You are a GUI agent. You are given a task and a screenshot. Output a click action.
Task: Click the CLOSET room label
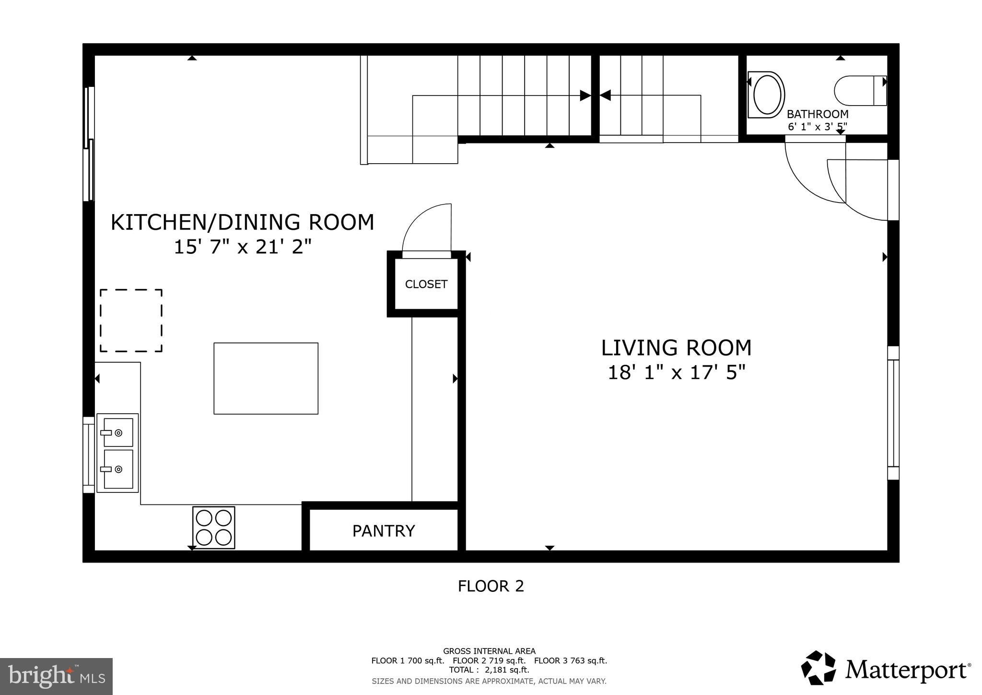(426, 284)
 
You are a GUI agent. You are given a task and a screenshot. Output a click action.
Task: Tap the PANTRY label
(384, 531)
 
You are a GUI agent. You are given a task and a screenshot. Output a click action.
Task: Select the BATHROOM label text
(818, 114)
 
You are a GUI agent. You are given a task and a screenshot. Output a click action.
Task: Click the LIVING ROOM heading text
(676, 348)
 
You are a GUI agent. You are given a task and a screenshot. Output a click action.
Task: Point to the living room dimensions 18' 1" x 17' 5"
(677, 372)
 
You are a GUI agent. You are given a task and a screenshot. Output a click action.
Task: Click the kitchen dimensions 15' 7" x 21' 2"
(243, 247)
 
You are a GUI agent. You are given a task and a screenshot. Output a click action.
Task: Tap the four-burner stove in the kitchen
(214, 527)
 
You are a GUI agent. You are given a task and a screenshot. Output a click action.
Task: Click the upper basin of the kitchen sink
(118, 432)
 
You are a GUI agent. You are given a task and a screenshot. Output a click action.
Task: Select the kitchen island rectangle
(266, 378)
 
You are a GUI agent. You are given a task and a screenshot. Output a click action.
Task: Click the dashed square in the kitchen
(131, 289)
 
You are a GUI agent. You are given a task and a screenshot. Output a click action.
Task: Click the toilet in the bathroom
(860, 91)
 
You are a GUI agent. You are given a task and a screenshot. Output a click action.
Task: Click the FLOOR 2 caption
(491, 586)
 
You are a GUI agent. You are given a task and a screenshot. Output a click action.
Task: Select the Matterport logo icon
(819, 668)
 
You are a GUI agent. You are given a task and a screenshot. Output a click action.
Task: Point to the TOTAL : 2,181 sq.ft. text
(489, 670)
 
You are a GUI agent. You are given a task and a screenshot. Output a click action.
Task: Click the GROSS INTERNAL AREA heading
(489, 651)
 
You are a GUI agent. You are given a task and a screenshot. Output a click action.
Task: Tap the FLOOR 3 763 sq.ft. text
(571, 660)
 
